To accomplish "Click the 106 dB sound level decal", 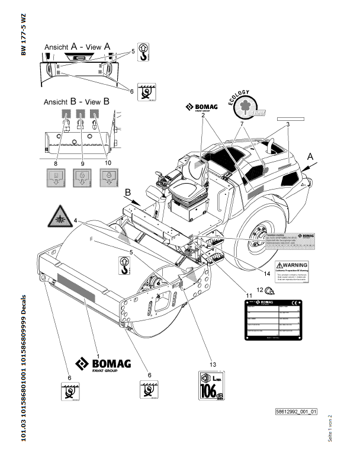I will (x=214, y=389).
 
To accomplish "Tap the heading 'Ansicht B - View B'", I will (x=76, y=101).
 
